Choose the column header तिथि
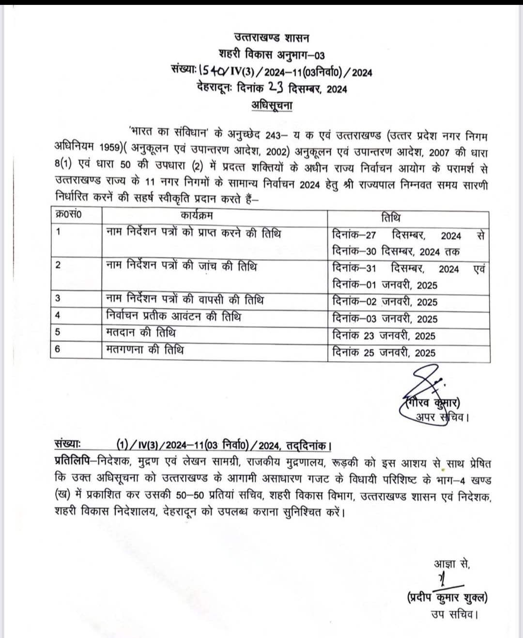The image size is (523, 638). (391, 218)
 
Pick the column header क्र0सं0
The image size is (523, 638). (68, 215)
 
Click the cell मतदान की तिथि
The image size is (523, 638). (141, 333)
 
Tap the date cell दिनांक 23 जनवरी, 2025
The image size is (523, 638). (384, 336)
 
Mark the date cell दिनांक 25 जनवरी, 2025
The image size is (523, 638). (384, 353)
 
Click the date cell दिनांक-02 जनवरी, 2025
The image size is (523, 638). (385, 302)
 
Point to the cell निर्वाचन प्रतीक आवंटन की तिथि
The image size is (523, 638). (173, 317)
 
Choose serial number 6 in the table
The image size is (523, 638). (58, 349)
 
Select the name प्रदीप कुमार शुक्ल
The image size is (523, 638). (447, 598)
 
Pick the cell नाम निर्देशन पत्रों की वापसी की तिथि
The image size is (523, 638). (185, 300)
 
